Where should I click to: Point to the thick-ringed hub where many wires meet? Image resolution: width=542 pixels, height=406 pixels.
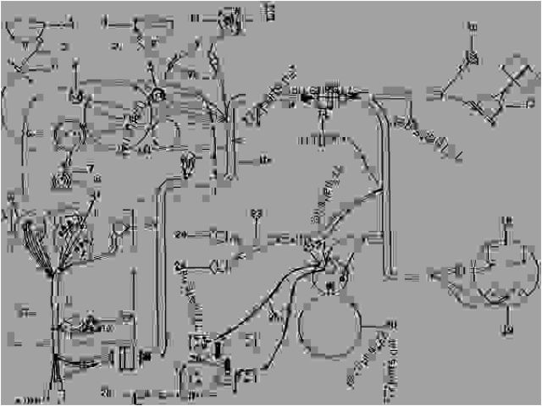[158, 100]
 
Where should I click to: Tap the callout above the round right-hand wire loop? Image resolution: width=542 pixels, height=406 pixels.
[507, 222]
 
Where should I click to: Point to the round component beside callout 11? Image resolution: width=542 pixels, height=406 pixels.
[228, 18]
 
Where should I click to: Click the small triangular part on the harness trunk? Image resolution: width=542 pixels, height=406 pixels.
[88, 322]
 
